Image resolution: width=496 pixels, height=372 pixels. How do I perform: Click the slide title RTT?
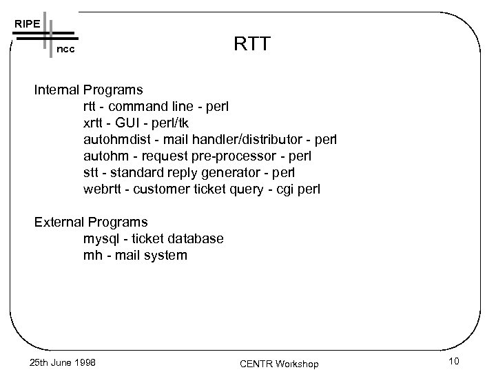coord(253,45)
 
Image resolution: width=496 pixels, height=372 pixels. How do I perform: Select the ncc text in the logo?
coord(66,51)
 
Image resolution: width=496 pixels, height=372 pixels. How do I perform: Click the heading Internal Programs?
coord(90,90)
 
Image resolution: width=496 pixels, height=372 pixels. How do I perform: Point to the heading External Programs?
coord(92,222)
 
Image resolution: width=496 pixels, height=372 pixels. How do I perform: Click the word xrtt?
coord(95,123)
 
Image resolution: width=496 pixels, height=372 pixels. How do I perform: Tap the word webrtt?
coord(103,189)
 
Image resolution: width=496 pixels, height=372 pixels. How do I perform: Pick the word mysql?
coord(101,238)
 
